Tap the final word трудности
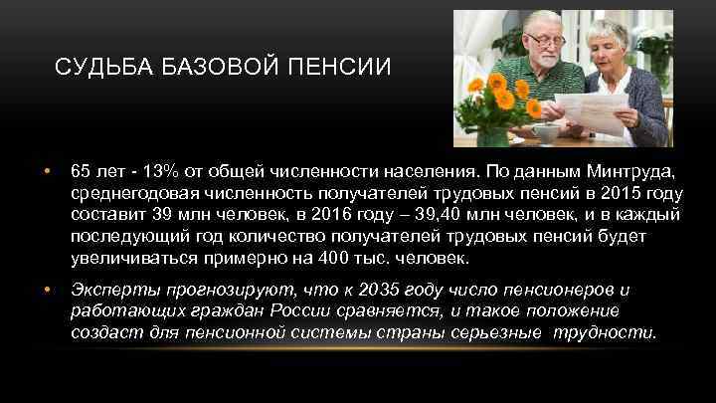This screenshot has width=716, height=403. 616,332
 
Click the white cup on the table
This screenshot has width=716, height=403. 546,133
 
